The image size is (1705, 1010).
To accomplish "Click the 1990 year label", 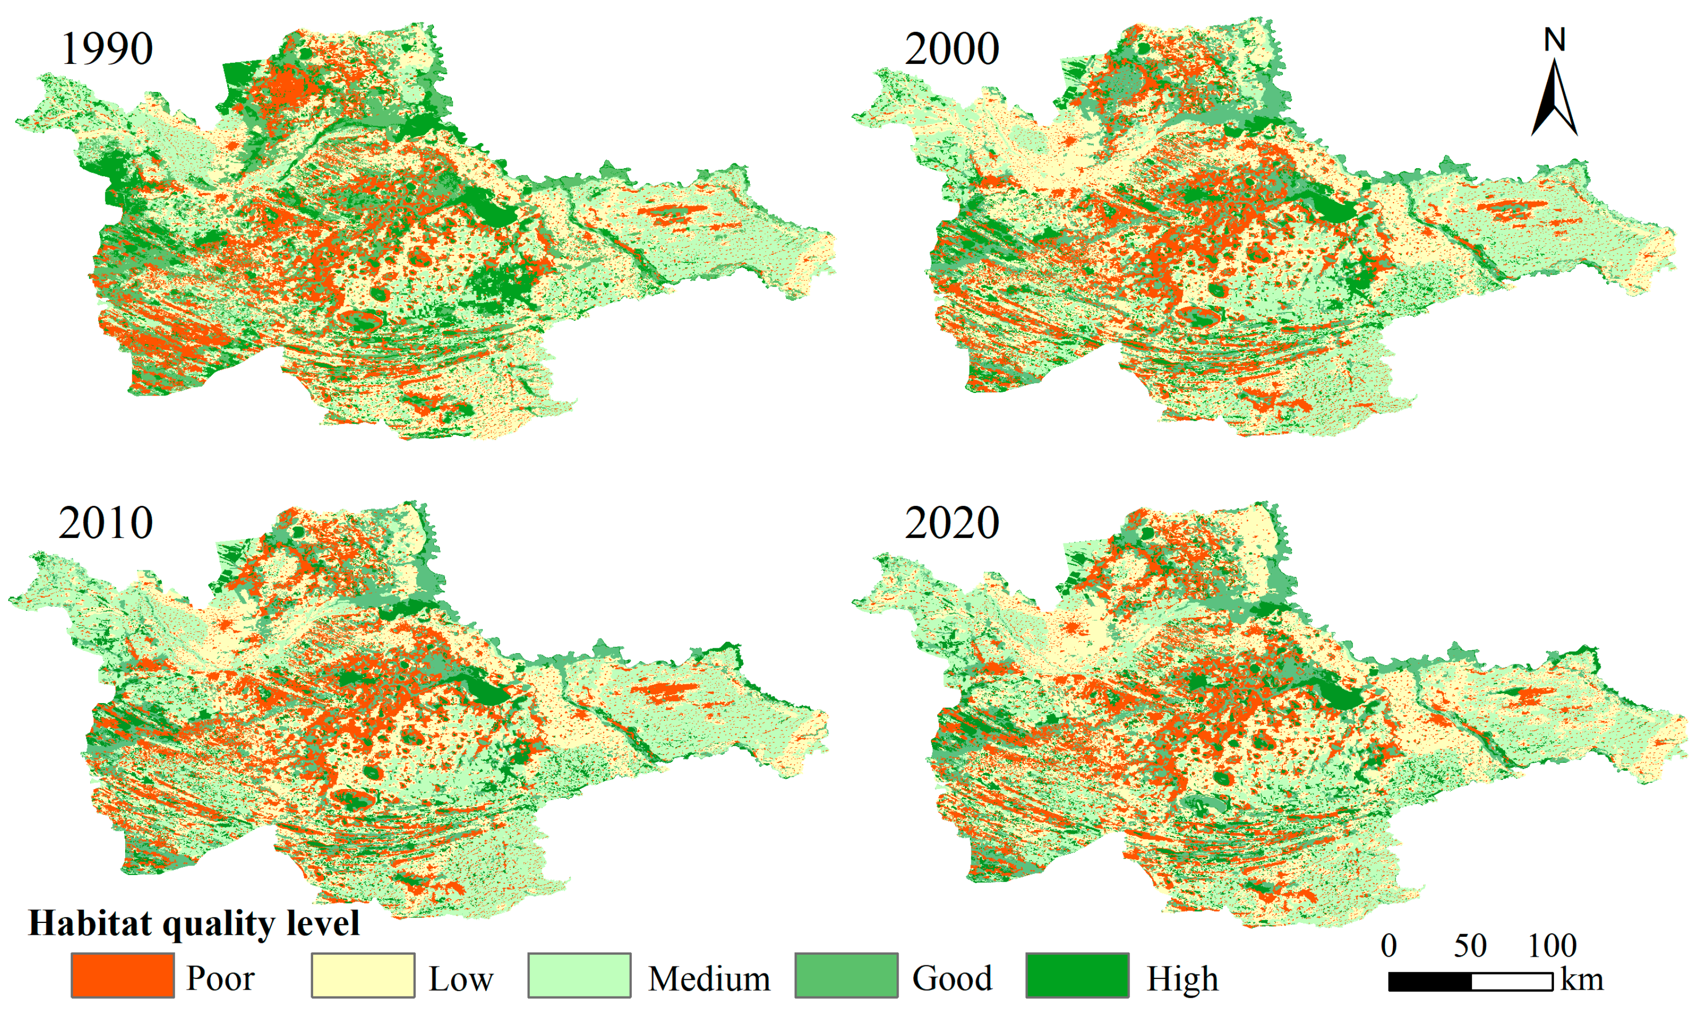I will (107, 49).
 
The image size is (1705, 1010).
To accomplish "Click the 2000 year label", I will (951, 49).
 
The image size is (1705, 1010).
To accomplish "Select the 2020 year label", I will (951, 524).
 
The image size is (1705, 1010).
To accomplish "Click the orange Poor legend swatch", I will (122, 975).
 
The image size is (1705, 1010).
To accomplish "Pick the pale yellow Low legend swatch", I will (363, 975).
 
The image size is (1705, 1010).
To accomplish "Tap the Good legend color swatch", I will (846, 975).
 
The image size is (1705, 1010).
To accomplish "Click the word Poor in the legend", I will (220, 979).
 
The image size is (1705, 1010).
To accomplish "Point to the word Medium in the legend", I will (709, 979).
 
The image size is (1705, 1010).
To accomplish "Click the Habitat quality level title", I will (194, 924).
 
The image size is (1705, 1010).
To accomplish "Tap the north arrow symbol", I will (1555, 99).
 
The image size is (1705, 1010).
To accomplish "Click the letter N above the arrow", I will (1555, 40).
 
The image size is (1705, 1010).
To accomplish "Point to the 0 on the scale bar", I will (1389, 946).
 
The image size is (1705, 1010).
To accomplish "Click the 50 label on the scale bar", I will (1470, 946).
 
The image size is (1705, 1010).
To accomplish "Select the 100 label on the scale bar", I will (1552, 946).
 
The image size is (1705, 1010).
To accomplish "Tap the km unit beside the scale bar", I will (1582, 980).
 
